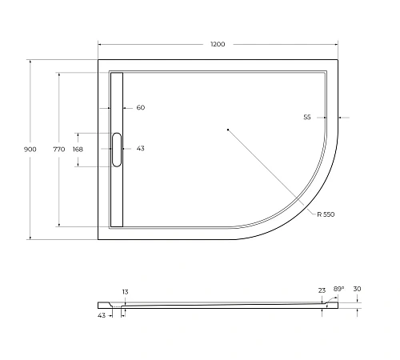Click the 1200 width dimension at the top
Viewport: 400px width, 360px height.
click(218, 44)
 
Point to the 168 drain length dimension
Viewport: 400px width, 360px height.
click(78, 150)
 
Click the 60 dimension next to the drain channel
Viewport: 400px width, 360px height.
click(141, 108)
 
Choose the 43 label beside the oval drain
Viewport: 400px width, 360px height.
click(141, 149)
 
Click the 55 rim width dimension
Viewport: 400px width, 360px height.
click(307, 117)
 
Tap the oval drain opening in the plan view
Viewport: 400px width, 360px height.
click(117, 150)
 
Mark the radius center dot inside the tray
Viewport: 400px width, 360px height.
click(228, 129)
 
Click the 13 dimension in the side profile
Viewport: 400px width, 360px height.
click(126, 292)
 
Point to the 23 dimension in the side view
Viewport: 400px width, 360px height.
click(322, 290)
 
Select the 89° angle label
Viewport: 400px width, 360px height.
click(338, 289)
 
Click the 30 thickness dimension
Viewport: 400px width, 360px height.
click(357, 289)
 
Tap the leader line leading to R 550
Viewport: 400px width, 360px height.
click(272, 172)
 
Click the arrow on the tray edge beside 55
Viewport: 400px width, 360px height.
click(338, 117)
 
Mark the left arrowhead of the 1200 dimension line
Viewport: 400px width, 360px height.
click(100, 44)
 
